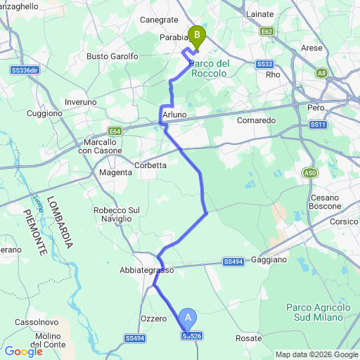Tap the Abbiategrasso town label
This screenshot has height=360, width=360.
[x=146, y=270]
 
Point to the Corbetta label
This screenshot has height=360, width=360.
[x=150, y=165]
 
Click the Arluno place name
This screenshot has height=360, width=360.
[x=174, y=114]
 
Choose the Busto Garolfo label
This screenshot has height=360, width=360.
[x=112, y=56]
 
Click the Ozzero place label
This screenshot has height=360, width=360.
[x=153, y=319]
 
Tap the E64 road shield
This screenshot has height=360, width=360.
[x=115, y=131]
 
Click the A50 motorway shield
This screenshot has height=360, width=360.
[x=310, y=172]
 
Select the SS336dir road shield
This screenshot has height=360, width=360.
[x=25, y=70]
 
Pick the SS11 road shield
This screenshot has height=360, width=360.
[x=319, y=124]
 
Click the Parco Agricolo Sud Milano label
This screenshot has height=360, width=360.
[x=319, y=312]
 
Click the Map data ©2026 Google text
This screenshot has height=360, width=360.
[x=316, y=354]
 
